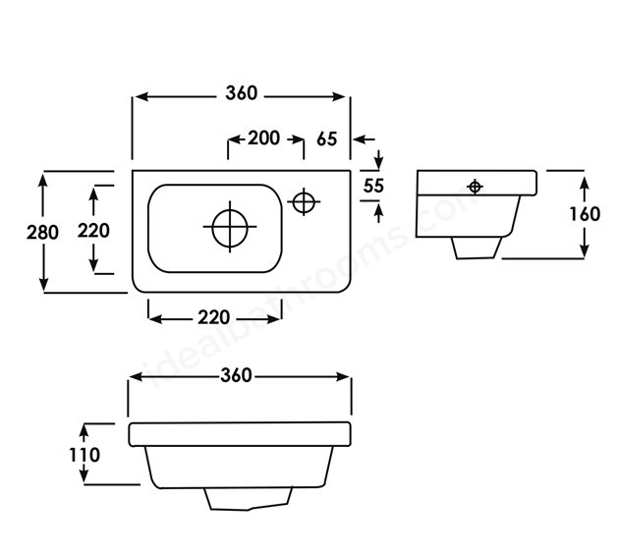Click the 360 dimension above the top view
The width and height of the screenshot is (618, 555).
pos(242,93)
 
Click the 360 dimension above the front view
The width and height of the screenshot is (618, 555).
pos(236,375)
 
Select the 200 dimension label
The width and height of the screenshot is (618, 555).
pos(263,138)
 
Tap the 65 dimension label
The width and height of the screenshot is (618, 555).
pos(327,139)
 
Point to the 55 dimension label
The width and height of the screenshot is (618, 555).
pos(373,186)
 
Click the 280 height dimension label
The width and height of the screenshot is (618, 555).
pos(42,232)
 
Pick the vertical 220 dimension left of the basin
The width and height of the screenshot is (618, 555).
pos(93,231)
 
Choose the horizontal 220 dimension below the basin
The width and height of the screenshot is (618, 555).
pos(213,317)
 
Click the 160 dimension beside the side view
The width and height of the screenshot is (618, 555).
pos(585,214)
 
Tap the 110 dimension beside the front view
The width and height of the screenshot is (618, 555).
pos(84,455)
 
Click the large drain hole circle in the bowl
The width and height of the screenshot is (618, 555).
pos(230,227)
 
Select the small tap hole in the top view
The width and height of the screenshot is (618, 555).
pos(304,201)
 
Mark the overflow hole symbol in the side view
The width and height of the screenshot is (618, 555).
pos(475,187)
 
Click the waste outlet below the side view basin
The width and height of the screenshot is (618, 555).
pos(477,248)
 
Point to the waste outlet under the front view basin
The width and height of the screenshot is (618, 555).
pos(248,499)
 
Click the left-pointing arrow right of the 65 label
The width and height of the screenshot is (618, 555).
pos(365,139)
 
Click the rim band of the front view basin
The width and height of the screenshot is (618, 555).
pos(240,434)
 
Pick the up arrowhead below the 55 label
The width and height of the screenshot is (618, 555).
pos(379,213)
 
